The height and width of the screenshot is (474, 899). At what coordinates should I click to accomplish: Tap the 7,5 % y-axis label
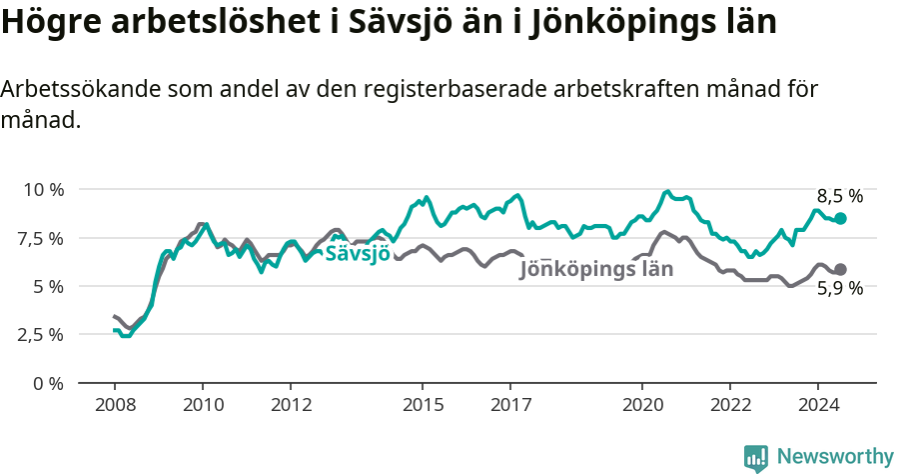(x=40, y=238)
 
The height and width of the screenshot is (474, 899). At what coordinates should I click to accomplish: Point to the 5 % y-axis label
(x=47, y=286)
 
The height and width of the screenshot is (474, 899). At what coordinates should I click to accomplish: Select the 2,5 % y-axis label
(x=40, y=334)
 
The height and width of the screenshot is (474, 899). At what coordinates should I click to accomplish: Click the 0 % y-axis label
(x=47, y=383)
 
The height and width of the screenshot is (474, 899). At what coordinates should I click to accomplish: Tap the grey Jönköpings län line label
(x=596, y=269)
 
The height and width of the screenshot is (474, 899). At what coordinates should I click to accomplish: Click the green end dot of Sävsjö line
(x=841, y=218)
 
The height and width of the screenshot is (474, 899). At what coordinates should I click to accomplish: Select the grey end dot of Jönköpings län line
(x=841, y=269)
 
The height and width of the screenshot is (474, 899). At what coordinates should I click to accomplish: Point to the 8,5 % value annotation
(x=839, y=196)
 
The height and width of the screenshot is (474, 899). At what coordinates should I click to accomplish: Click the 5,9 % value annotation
(x=839, y=289)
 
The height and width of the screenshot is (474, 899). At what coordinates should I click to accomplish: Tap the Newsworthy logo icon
(x=756, y=458)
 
